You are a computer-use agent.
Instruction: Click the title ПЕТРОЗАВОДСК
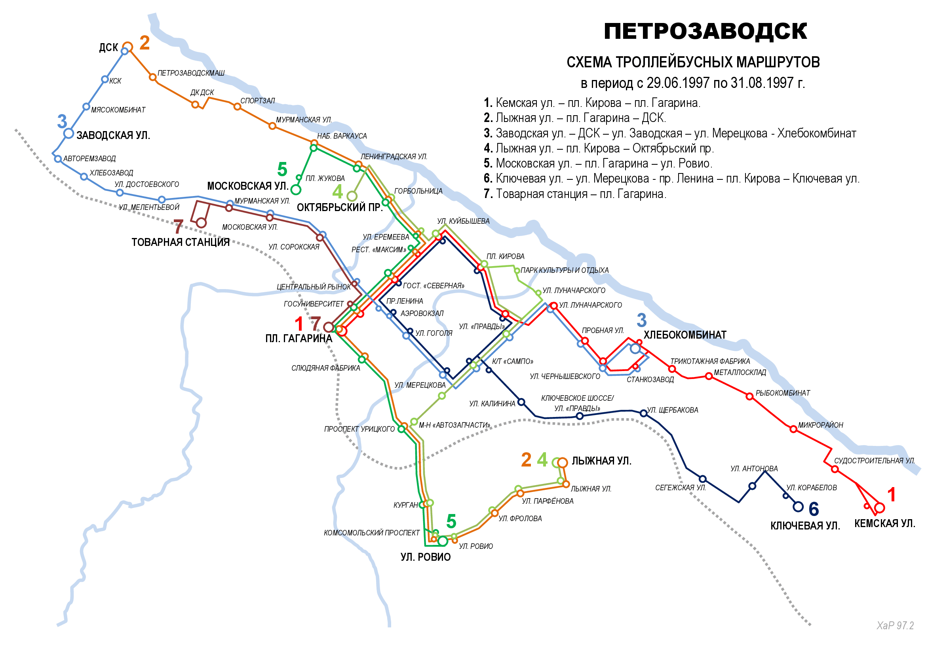pyautogui.click(x=705, y=31)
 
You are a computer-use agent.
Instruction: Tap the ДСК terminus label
pyautogui.click(x=108, y=48)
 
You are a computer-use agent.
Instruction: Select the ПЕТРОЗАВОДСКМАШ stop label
pyautogui.click(x=191, y=73)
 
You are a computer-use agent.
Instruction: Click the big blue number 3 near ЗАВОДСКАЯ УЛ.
pyautogui.click(x=62, y=122)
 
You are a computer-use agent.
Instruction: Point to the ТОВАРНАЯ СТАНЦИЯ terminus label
pyautogui.click(x=180, y=242)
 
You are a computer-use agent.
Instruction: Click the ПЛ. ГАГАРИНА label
pyautogui.click(x=299, y=338)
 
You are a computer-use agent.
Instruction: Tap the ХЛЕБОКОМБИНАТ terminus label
pyautogui.click(x=685, y=335)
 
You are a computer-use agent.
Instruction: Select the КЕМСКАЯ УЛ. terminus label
pyautogui.click(x=884, y=524)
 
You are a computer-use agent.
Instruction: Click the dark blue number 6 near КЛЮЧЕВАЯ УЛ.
pyautogui.click(x=814, y=509)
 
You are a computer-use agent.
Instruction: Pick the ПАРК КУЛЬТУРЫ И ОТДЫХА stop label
pyautogui.click(x=564, y=270)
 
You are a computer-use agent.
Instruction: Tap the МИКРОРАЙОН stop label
pyautogui.click(x=820, y=425)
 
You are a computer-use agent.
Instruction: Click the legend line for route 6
pyautogui.click(x=671, y=178)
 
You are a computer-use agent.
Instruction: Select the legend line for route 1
pyautogui.click(x=591, y=103)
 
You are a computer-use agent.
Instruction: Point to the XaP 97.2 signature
pyautogui.click(x=896, y=626)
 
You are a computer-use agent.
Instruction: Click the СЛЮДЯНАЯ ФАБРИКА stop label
pyautogui.click(x=325, y=368)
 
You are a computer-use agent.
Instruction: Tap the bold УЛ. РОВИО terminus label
pyautogui.click(x=426, y=557)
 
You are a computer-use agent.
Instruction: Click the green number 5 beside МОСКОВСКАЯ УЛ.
pyautogui.click(x=282, y=169)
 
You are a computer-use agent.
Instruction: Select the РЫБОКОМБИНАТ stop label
pyautogui.click(x=782, y=393)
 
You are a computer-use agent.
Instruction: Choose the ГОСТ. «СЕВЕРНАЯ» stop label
pyautogui.click(x=434, y=286)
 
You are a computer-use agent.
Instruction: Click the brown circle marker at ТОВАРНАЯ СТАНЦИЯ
pyautogui.click(x=201, y=223)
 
